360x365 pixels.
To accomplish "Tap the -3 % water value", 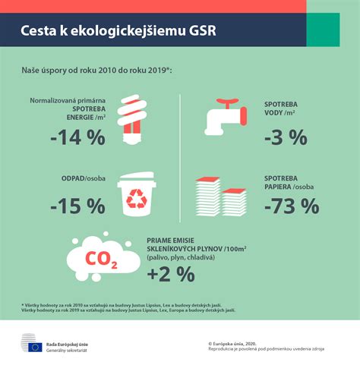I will [x=286, y=137].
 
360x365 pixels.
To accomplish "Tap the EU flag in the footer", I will [x=36, y=347].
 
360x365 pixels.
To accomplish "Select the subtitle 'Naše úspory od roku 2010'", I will [x=97, y=70].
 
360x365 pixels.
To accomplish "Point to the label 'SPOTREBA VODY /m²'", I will [x=287, y=109].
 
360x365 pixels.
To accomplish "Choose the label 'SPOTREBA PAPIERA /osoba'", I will [x=291, y=182].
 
